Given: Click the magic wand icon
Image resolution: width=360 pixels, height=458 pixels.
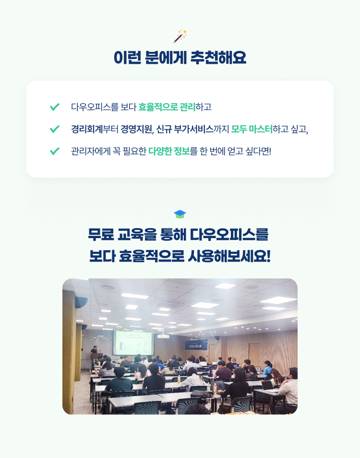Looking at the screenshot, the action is point(180,36).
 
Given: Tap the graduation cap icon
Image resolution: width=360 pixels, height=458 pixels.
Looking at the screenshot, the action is point(180,214).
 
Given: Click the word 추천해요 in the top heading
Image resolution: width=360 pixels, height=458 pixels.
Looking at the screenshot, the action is point(218,57).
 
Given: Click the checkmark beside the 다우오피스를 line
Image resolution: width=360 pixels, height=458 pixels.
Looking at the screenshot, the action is point(55,107).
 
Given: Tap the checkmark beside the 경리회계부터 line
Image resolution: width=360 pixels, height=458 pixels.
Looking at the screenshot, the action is point(55,129).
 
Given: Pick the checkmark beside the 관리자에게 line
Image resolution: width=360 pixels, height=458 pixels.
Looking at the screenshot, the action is point(55,151).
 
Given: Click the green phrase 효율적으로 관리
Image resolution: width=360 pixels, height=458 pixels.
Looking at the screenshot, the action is point(167,107).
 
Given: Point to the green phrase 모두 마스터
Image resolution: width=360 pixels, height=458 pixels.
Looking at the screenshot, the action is point(252,129).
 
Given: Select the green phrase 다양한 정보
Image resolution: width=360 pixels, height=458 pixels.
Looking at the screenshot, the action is point(169,151).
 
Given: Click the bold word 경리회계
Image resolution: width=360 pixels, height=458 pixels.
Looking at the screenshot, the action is point(87,129).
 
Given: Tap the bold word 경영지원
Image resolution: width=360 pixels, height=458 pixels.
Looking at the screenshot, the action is point(136,129).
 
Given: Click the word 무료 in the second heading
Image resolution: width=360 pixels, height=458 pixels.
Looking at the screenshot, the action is point(101,234).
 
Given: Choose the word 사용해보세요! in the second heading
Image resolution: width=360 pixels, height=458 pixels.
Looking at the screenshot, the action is point(229,256).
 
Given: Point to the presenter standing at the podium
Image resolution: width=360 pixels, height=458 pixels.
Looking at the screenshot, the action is point(94,350).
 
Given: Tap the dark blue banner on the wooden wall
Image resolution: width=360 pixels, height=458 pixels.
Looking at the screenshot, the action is point(196,345).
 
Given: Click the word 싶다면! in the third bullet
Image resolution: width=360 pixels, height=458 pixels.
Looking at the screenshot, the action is point(258,151).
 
